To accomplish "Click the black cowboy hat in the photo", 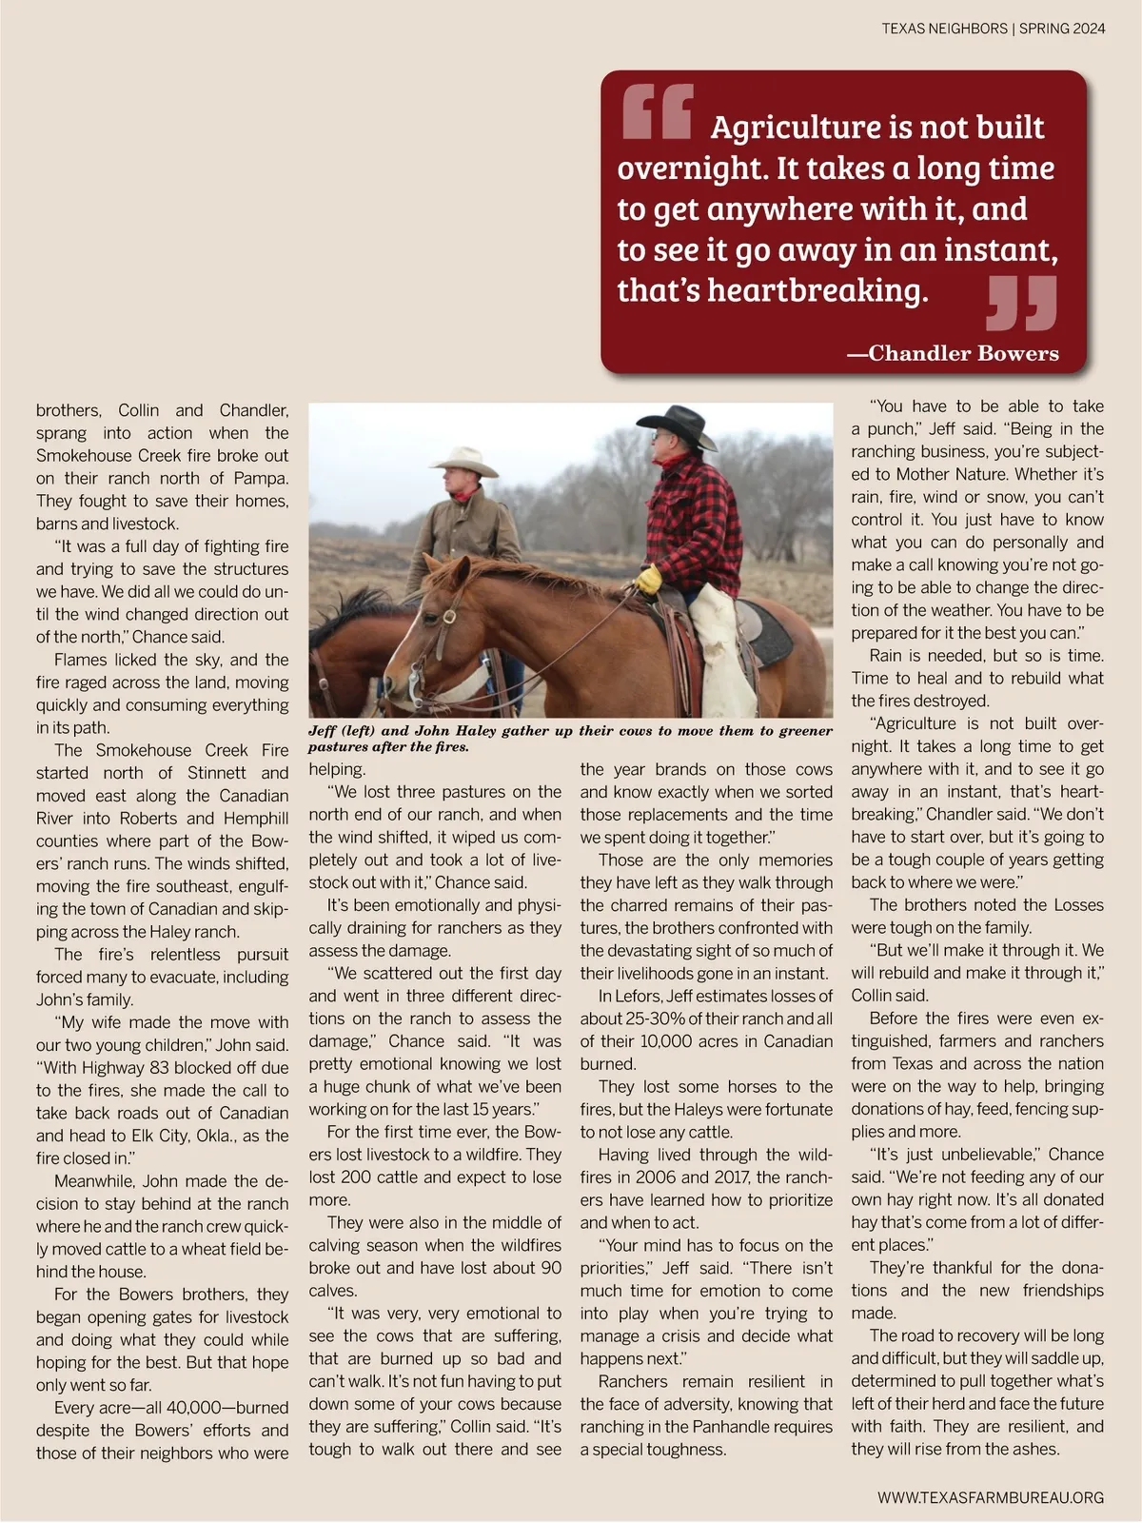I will (x=677, y=425).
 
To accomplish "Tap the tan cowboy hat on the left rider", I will (x=463, y=462).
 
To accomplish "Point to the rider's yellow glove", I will (x=649, y=578).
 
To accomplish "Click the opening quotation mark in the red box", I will (x=657, y=111).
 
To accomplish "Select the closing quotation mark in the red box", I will (x=1022, y=303).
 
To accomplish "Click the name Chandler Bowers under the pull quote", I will (x=963, y=353).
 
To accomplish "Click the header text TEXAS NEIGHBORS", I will (x=944, y=29).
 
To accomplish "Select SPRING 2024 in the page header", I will (x=1062, y=29).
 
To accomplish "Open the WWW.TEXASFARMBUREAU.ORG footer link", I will (x=991, y=1497).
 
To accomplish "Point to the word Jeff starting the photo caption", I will (x=324, y=731).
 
